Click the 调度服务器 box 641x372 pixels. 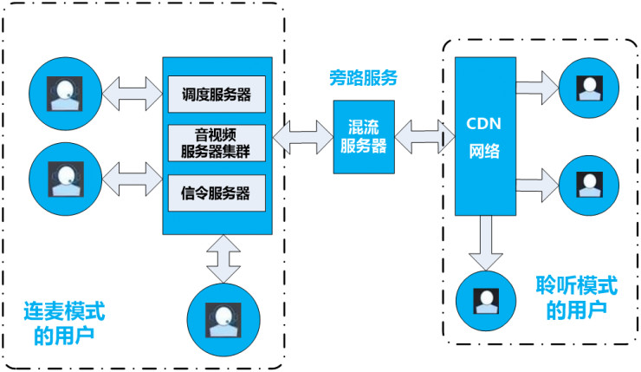(217, 93)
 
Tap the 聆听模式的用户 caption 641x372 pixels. (577, 297)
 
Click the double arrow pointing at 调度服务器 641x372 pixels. (133, 89)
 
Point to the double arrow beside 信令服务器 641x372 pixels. (133, 179)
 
